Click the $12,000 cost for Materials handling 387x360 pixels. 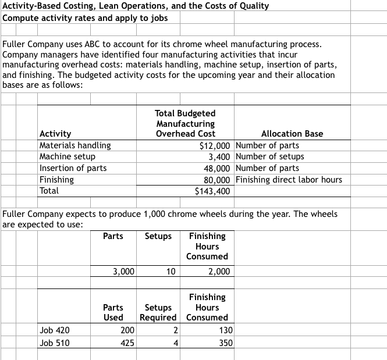coord(215,145)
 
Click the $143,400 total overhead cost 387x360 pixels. coord(214,191)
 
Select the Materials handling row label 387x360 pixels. coord(74,145)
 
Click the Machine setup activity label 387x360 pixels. coord(67,156)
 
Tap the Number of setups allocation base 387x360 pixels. coord(271,156)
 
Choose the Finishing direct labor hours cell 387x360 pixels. coord(289,180)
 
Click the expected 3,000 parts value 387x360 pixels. coord(123,272)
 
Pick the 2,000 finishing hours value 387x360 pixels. coord(219,272)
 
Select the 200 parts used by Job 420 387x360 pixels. coord(127,331)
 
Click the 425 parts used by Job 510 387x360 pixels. coord(127,343)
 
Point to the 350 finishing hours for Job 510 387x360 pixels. coord(225,343)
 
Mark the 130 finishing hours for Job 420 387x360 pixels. coord(225,331)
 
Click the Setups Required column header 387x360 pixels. coord(158,312)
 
